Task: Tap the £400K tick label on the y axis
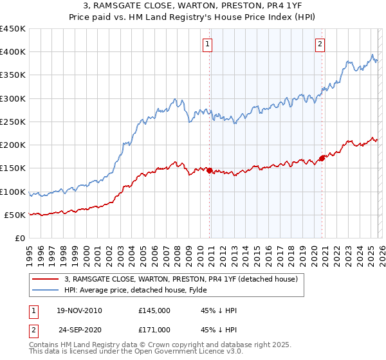click(13, 52)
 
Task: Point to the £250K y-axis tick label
click(13, 122)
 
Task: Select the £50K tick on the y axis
click(15, 215)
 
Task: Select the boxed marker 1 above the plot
click(208, 44)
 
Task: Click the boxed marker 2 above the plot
click(320, 44)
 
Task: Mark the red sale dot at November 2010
click(210, 170)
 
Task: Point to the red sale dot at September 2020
click(322, 158)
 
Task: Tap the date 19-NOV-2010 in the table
click(79, 310)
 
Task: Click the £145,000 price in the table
click(154, 310)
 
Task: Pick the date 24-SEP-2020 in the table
click(79, 329)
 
